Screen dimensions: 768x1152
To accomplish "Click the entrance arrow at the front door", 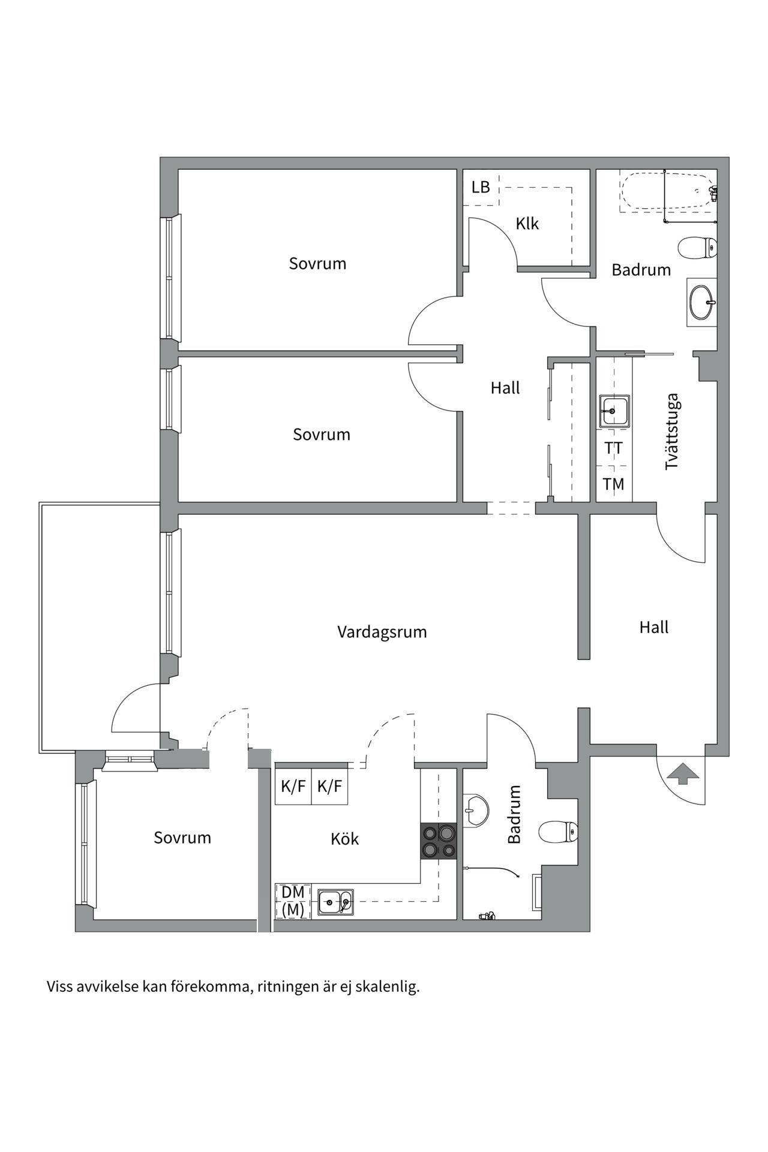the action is [683, 773].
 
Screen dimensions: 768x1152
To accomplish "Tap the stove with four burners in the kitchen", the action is [439, 841].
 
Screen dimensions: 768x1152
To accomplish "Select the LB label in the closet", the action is [481, 187].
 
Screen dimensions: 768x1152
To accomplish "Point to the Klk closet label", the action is [527, 224].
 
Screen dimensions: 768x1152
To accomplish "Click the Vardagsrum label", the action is [382, 632].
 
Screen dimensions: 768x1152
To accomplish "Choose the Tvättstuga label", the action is [672, 431].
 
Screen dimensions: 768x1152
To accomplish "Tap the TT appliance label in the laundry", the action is [613, 448].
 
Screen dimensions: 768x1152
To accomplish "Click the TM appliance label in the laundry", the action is [613, 484].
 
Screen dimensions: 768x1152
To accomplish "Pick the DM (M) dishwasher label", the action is [293, 901].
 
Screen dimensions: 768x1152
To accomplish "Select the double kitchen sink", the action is [335, 901].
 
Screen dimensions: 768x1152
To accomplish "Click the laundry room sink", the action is [614, 412].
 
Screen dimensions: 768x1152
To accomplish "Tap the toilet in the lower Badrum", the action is [558, 832].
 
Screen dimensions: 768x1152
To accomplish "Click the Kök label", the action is [345, 839].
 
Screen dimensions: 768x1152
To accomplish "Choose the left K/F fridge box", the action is [293, 786].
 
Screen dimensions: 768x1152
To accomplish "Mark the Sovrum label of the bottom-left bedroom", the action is [182, 838].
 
